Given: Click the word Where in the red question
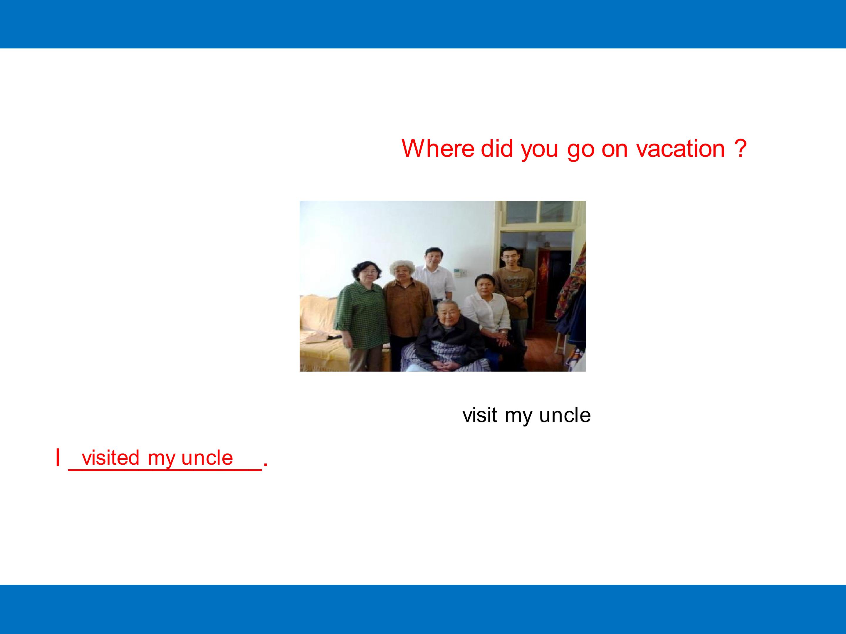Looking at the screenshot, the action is coord(438,148).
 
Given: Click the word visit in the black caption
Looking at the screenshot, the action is coord(480,415).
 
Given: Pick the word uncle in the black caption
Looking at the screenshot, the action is coord(565,415).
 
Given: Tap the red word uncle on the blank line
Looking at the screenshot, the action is coord(207,457).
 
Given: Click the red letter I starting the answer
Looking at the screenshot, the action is coord(58,457).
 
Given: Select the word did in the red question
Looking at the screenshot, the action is coord(496,148).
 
